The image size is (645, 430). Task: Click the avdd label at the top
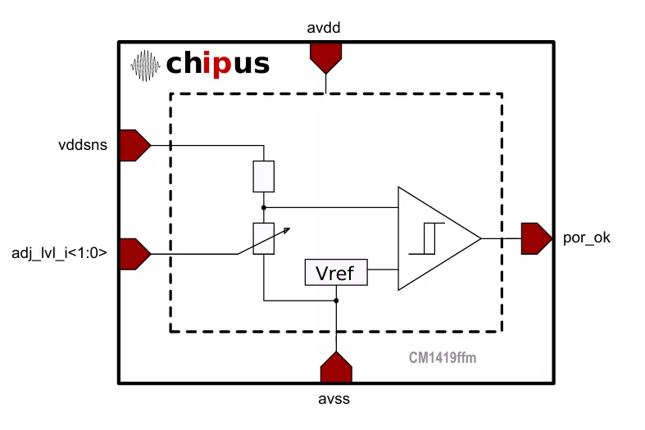324,28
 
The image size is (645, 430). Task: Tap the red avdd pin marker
326,58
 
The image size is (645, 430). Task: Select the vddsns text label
83,145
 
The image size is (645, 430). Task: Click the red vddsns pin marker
135,146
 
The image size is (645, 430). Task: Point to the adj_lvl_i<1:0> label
59,253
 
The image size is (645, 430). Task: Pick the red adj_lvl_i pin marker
135,254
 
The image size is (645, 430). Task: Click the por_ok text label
587,238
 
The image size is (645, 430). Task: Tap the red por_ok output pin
536,238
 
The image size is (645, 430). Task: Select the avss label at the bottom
334,399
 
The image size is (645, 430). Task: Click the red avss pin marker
337,367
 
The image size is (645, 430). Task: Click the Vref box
336,272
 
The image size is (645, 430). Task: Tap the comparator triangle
439,238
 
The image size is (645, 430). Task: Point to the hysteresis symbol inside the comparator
426,238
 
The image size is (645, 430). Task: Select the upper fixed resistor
264,176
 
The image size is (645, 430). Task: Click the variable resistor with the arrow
264,239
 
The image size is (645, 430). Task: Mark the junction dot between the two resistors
264,207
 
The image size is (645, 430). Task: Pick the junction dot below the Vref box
336,301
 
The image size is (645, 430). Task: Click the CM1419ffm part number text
443,358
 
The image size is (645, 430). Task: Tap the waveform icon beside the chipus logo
145,66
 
